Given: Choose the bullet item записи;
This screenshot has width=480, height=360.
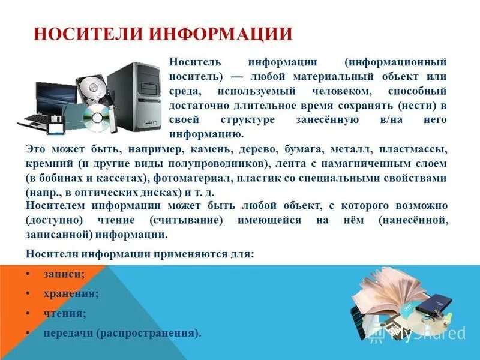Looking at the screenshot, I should coord(64,274).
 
